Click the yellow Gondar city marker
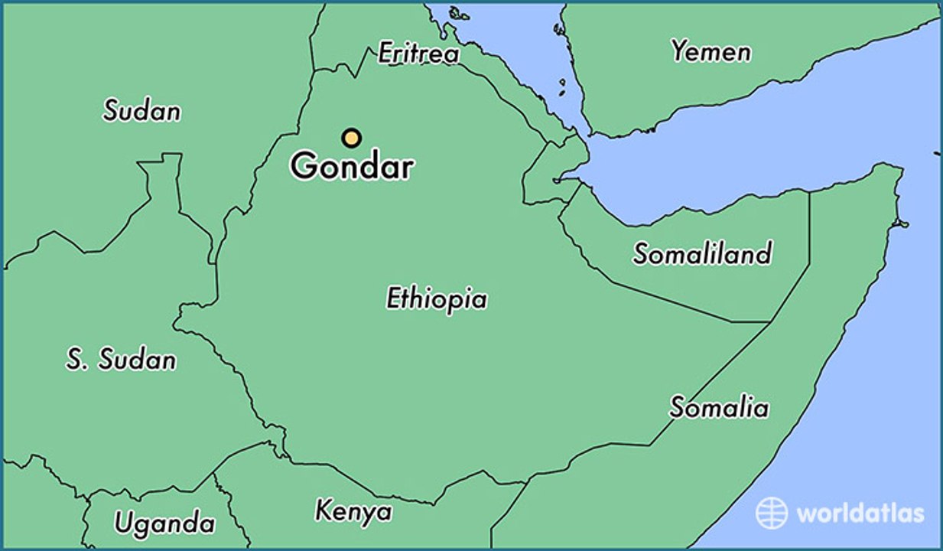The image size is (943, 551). coord(351,138)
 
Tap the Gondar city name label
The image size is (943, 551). coord(352,167)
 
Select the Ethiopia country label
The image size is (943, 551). coord(436,298)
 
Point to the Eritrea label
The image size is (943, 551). coord(419,54)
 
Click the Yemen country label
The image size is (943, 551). coord(711,52)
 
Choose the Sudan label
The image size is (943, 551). coord(142,111)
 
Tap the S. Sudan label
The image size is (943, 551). coord(121,360)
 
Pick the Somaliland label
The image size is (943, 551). coord(702,253)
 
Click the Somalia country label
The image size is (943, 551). coord(719,407)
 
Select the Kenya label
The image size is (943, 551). coord(353,511)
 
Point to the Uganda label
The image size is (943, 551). coord(164,524)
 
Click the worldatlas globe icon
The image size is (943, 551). coord(771,513)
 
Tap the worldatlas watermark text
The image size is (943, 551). coord(860,513)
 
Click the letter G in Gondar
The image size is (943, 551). coord(304,167)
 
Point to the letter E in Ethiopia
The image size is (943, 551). coord(394,298)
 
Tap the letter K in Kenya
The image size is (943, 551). coord(323,510)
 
